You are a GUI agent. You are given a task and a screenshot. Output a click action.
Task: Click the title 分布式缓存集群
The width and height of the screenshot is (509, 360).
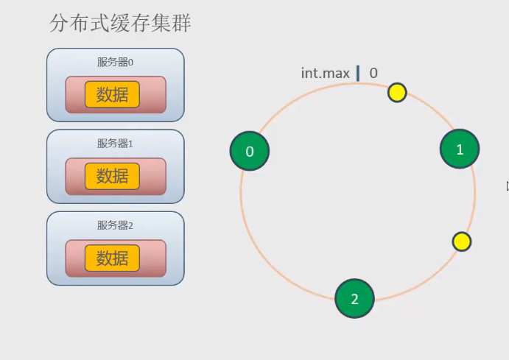click(x=120, y=23)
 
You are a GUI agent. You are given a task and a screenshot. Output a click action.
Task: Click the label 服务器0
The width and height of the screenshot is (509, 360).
click(x=115, y=63)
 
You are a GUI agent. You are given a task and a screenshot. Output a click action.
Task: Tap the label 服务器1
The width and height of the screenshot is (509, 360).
click(x=115, y=144)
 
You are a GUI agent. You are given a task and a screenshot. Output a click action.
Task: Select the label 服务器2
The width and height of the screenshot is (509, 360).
click(x=115, y=225)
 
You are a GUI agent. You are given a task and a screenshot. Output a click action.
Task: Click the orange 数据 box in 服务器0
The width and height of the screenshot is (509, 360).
click(x=112, y=95)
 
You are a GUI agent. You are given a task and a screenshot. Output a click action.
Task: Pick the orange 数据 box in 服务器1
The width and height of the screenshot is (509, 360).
click(x=112, y=177)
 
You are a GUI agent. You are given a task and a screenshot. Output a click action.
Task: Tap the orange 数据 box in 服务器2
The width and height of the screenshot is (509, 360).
click(x=112, y=258)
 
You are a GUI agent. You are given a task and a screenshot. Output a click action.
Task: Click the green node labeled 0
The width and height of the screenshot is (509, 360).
click(x=250, y=151)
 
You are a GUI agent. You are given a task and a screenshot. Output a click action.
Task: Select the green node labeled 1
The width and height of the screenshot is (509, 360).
click(x=460, y=149)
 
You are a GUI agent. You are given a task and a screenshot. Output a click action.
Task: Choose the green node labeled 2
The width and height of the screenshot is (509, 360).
click(x=354, y=299)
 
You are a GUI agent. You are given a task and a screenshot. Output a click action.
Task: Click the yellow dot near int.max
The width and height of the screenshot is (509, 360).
click(x=397, y=92)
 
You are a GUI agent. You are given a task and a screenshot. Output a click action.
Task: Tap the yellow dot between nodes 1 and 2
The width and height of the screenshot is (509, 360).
click(x=462, y=241)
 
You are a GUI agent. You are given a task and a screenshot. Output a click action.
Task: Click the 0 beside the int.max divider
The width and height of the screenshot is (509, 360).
click(x=373, y=73)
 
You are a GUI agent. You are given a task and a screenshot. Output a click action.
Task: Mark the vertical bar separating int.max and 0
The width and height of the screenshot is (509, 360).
click(x=358, y=73)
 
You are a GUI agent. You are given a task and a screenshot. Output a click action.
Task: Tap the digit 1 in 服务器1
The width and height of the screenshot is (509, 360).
click(x=130, y=144)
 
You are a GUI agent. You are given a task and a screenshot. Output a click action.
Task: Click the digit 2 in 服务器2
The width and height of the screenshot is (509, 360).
click(x=130, y=226)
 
